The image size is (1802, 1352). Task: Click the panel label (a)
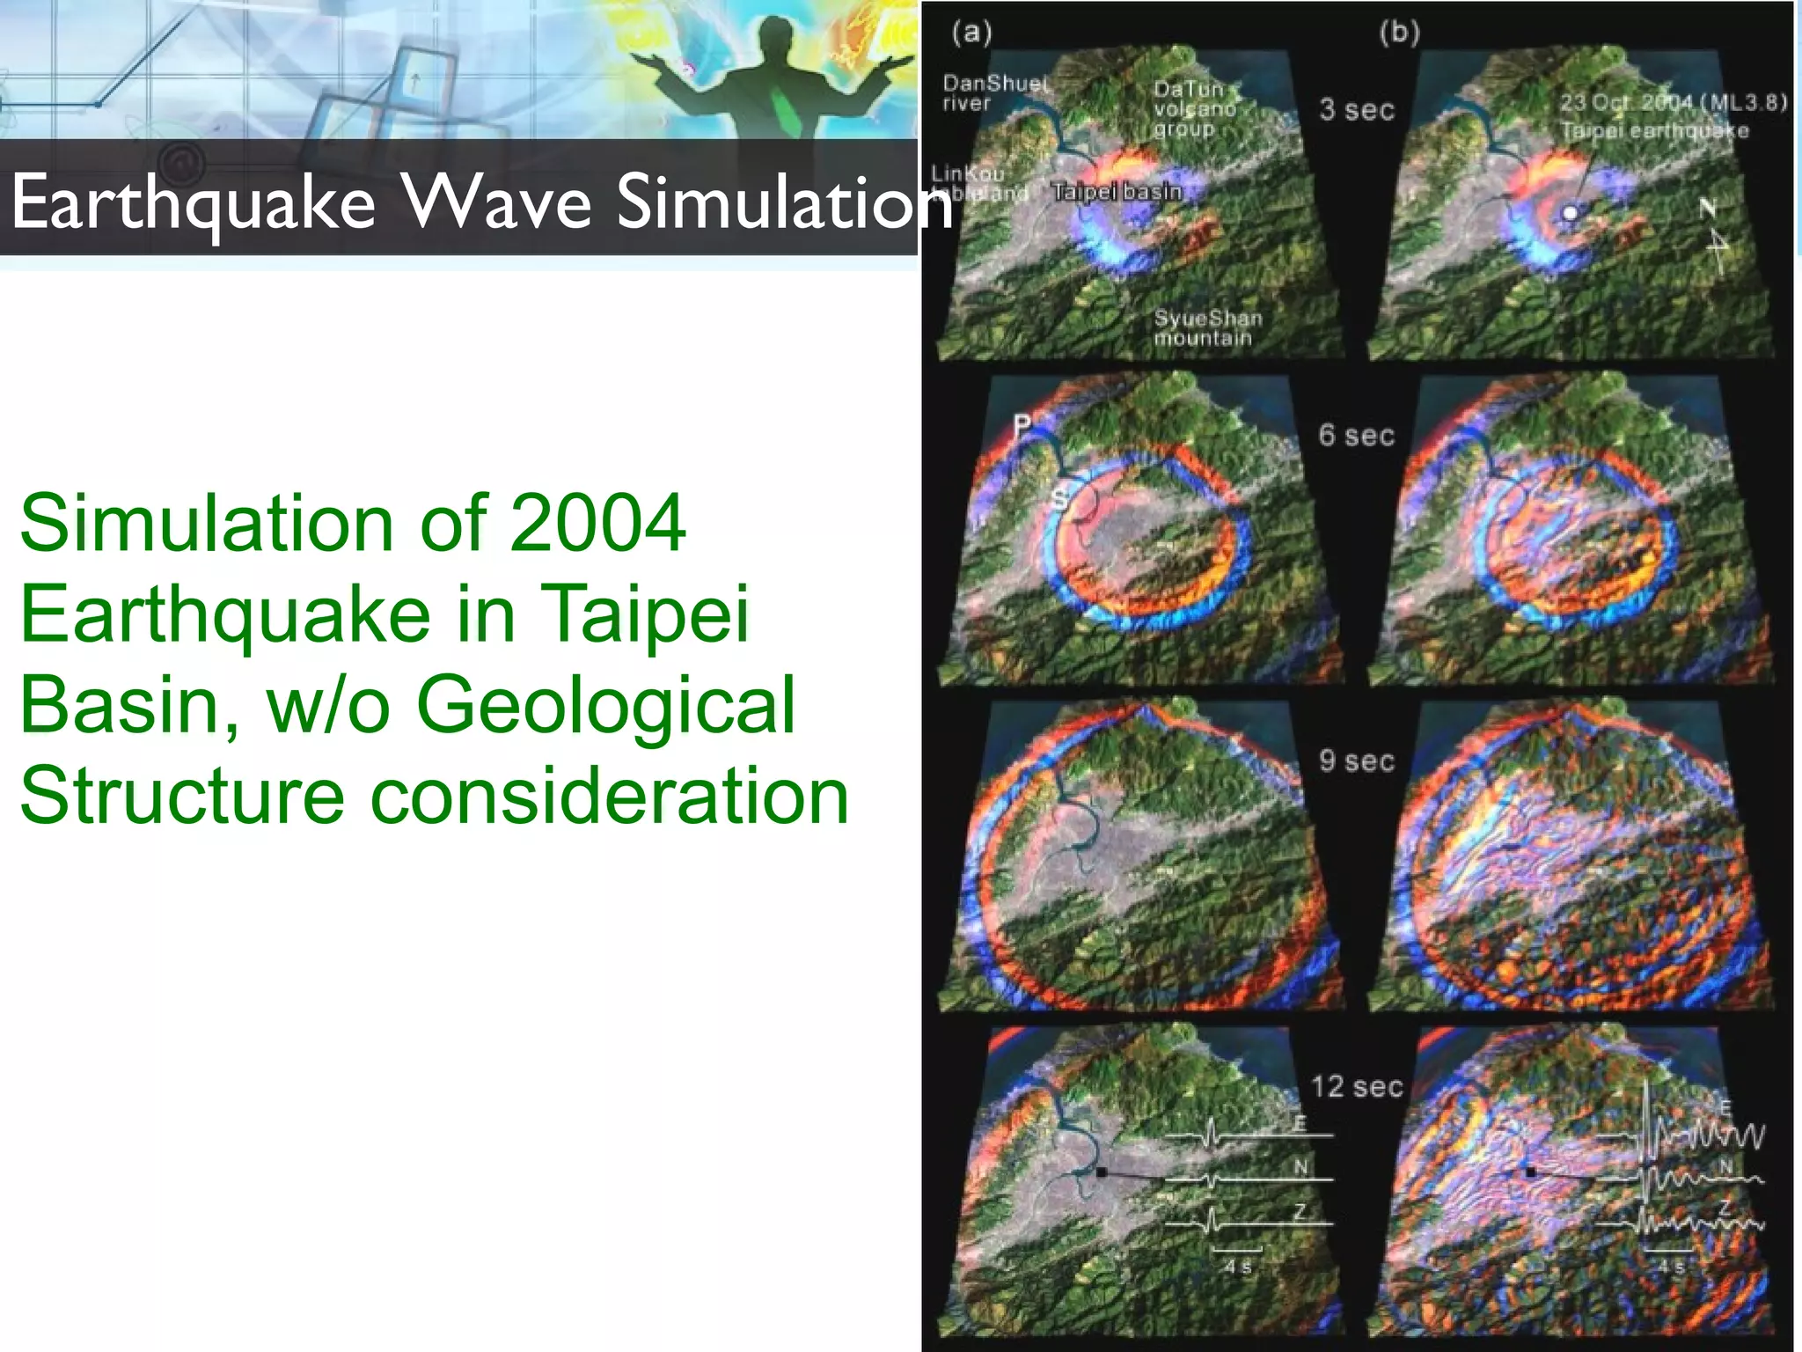(x=971, y=33)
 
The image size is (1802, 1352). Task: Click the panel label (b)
(x=1399, y=33)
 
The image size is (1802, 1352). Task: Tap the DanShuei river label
(x=994, y=92)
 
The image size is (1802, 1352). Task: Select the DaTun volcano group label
(x=1195, y=108)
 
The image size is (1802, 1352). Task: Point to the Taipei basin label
(x=1117, y=191)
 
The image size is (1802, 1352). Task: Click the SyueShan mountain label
(x=1207, y=327)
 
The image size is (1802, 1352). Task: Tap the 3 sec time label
(x=1356, y=110)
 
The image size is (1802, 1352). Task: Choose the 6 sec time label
(x=1356, y=435)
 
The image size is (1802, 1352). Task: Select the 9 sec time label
(x=1356, y=760)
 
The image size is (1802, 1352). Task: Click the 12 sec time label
(x=1356, y=1086)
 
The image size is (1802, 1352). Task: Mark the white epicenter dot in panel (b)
(x=1571, y=213)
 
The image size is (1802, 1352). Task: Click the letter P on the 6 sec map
(x=1022, y=426)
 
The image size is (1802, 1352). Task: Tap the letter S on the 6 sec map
(x=1060, y=499)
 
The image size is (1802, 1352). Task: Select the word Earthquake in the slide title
(x=194, y=202)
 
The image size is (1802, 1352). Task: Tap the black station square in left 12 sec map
(x=1101, y=1172)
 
